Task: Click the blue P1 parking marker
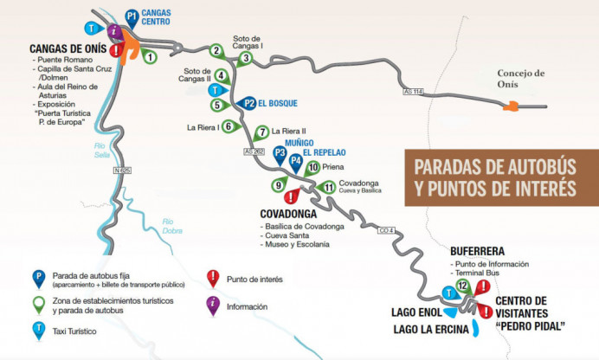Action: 131,16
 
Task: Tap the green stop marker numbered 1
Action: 151,57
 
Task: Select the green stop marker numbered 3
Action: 246,58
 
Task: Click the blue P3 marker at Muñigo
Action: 280,153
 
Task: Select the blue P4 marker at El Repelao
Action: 296,160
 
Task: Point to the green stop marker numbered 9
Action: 279,184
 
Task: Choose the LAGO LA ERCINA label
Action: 431,329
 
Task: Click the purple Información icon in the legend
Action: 211,305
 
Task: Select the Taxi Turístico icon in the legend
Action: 38,330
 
